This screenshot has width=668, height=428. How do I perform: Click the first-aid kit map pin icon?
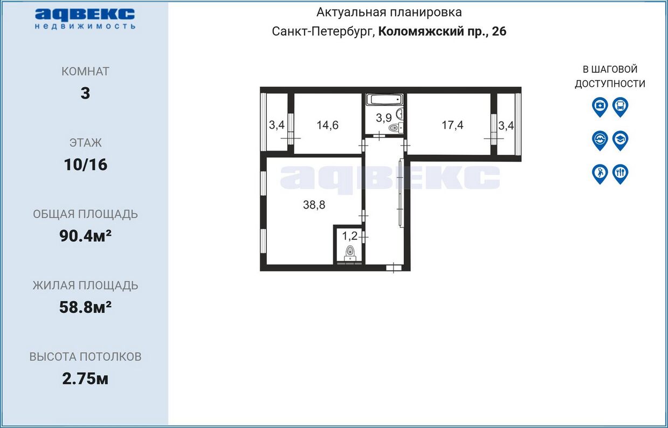[600, 107]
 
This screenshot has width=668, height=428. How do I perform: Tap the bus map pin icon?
[620, 107]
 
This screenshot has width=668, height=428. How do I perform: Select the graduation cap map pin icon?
[620, 141]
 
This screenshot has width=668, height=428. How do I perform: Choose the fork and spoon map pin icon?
[620, 174]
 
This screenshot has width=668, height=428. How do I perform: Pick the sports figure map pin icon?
[600, 174]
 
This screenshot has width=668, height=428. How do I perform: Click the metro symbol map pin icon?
[600, 141]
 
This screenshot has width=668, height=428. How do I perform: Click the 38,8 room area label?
[314, 205]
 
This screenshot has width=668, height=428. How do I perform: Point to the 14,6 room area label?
[327, 125]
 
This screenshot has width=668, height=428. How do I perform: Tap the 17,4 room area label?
[452, 125]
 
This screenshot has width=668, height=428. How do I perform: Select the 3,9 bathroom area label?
[383, 118]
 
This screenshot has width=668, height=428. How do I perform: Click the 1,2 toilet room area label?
[349, 236]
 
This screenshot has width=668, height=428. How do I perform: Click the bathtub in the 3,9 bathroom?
[384, 99]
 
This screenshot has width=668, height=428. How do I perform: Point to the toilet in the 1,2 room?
[350, 253]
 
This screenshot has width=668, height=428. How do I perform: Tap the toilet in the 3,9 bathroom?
[395, 128]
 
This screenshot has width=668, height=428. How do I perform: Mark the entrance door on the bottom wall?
[394, 268]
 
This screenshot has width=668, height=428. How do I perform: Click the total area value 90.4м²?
[85, 236]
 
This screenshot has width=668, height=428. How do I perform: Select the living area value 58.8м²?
[85, 307]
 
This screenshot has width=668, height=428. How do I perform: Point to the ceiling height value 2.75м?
[85, 379]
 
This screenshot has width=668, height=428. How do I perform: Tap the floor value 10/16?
[86, 164]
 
